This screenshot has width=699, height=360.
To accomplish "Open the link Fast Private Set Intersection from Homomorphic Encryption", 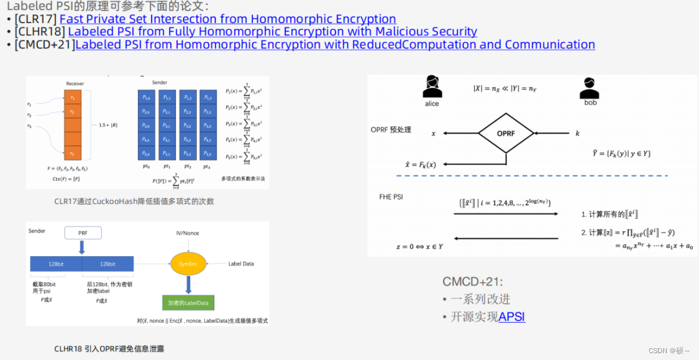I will pos(227,19).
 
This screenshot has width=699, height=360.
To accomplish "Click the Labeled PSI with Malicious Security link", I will pos(272,32).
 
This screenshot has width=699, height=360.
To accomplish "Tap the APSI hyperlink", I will pos(511,316).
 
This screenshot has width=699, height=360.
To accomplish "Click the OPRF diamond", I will pos(506,133).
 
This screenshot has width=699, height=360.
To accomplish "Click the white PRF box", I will pos(83,234).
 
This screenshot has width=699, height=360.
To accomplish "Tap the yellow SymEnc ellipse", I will pos(185,264).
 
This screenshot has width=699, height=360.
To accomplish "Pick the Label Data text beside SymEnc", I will pos(241,264).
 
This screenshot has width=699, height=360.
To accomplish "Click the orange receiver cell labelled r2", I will pos(73,112).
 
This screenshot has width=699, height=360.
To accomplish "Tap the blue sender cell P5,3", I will pos(208,154).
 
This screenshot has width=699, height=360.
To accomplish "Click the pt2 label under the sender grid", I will pos(188,167).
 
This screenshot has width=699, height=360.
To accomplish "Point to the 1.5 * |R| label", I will pos(107,125).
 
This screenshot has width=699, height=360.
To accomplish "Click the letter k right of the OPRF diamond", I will pos(577,134).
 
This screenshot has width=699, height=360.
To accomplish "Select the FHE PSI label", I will pos(391,196).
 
